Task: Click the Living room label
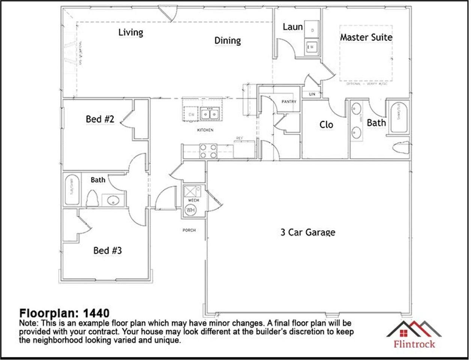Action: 131,32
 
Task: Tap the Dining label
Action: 227,40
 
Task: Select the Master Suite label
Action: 366,37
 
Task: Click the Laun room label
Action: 293,27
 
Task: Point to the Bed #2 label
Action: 100,119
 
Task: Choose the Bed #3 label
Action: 107,250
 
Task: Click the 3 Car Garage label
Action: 308,232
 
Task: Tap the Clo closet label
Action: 326,124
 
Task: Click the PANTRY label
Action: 289,102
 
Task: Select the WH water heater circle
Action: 191,210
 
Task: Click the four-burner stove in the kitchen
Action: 208,151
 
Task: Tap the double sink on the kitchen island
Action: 210,113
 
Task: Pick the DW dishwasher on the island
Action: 191,115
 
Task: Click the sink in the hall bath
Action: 113,201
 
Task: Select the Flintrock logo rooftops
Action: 414,329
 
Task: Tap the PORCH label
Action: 189,230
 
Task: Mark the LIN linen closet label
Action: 312,94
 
